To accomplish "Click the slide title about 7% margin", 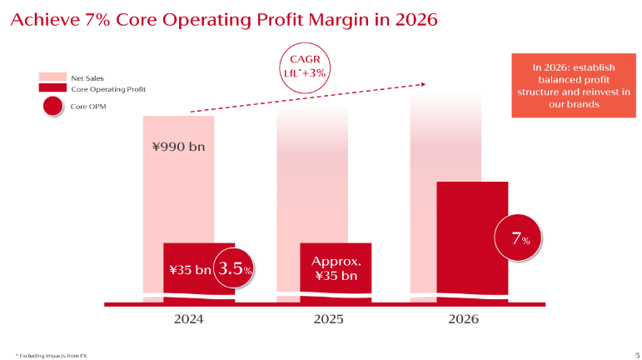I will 222,19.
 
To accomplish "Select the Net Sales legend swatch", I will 52,77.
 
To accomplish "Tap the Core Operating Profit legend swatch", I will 52,87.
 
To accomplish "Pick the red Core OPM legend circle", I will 52,106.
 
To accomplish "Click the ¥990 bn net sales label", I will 178,147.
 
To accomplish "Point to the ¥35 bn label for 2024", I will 190,269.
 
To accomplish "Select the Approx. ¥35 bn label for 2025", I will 336,268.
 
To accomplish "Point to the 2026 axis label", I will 464,318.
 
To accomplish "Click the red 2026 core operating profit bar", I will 472,237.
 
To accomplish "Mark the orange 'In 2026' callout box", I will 567,86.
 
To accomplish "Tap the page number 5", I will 626,352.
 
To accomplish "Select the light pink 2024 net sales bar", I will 178,192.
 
